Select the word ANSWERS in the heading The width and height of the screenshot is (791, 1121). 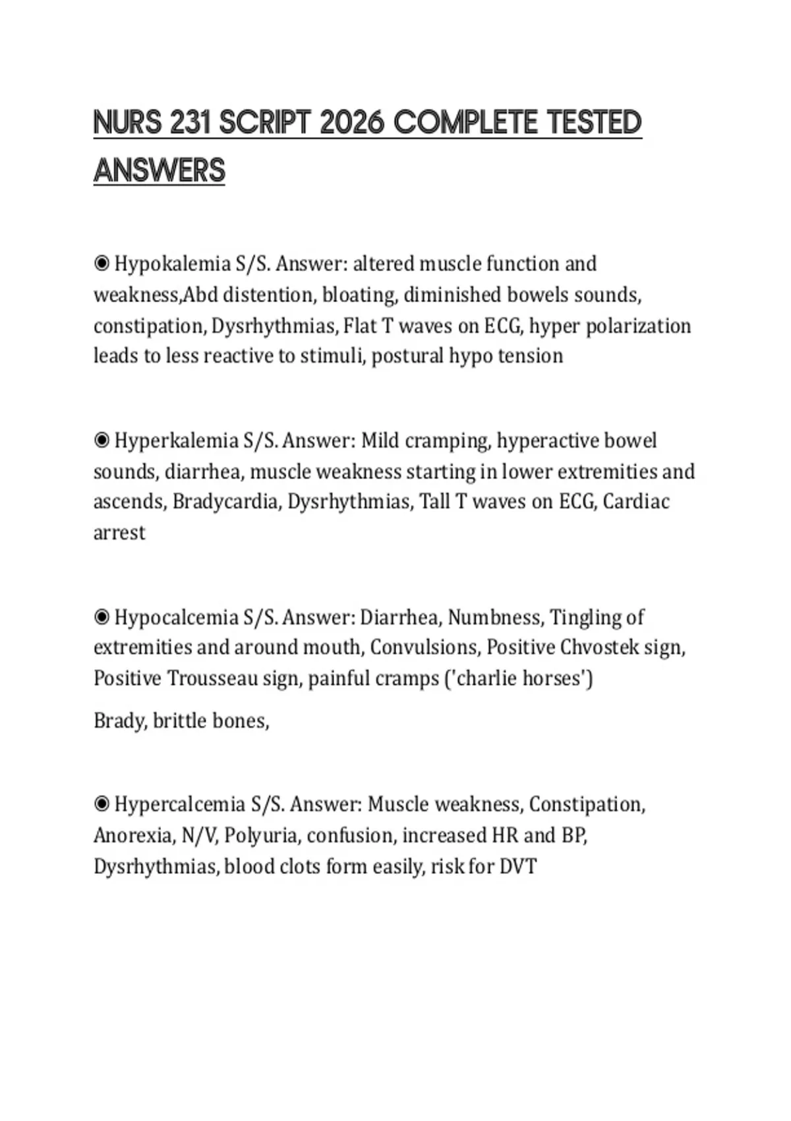pos(160,170)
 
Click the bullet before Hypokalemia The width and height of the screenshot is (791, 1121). pos(102,264)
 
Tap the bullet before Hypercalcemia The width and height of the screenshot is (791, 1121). pos(102,804)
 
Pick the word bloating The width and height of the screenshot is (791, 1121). pos(359,295)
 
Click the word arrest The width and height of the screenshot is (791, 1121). pos(119,533)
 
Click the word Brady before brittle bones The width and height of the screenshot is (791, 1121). pos(119,721)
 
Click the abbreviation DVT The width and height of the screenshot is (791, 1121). pos(518,866)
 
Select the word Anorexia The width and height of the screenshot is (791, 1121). pos(134,835)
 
